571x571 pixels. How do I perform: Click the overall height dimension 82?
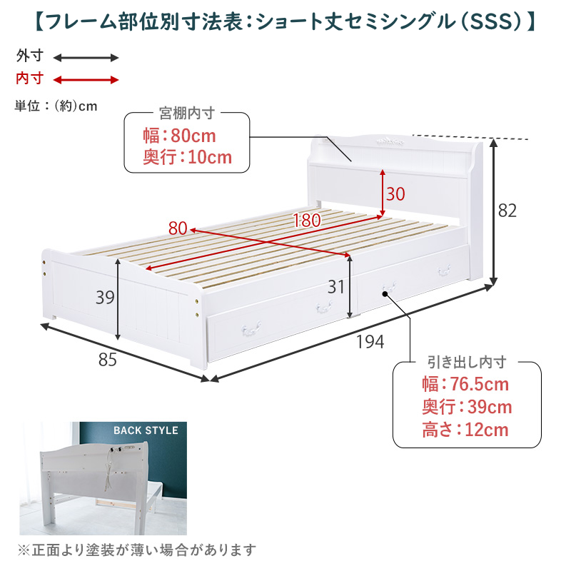coord(507,211)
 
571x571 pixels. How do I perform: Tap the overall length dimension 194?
coord(370,342)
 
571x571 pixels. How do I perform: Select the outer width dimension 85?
coord(108,360)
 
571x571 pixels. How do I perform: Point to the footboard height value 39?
coord(105,297)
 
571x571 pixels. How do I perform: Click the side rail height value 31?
coord(335,287)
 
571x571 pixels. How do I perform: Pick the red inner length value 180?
coord(307,221)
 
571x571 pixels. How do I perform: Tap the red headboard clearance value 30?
coord(395,193)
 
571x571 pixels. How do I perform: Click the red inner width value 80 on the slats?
coord(178,228)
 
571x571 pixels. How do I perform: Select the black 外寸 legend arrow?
coord(86,58)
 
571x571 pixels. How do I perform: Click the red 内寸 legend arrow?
coord(86,80)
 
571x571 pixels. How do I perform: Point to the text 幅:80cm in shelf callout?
coord(179,136)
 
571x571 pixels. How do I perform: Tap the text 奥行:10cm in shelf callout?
coord(187,157)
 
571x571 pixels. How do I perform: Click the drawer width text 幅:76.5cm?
coord(465,384)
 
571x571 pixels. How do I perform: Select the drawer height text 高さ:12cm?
coord(465,430)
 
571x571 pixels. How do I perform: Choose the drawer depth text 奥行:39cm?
coord(467,407)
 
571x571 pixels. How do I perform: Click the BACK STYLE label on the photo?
coord(146,430)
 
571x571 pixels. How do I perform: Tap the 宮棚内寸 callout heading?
coord(187,113)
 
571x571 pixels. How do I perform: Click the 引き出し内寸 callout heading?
coord(468,363)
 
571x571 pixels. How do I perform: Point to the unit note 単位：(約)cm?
coord(56,106)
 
